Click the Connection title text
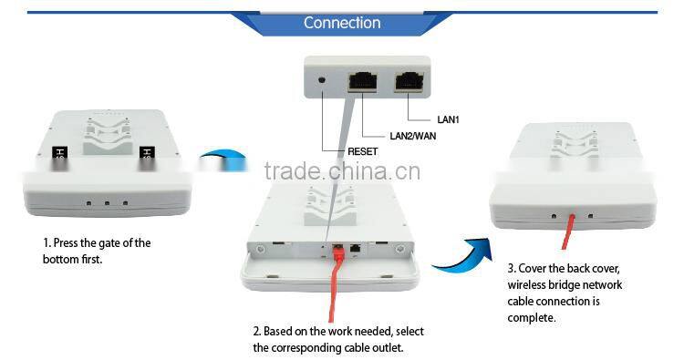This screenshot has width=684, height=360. click(x=342, y=22)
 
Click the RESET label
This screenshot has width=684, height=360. click(x=362, y=151)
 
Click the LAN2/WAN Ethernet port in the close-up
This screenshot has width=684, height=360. click(x=364, y=80)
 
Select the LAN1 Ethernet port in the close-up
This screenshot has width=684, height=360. click(x=409, y=80)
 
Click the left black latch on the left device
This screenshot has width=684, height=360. click(x=61, y=156)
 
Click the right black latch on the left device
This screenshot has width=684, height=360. click(x=144, y=156)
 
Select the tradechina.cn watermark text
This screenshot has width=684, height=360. click(x=342, y=171)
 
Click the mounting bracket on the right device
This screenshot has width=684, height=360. click(x=574, y=147)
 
